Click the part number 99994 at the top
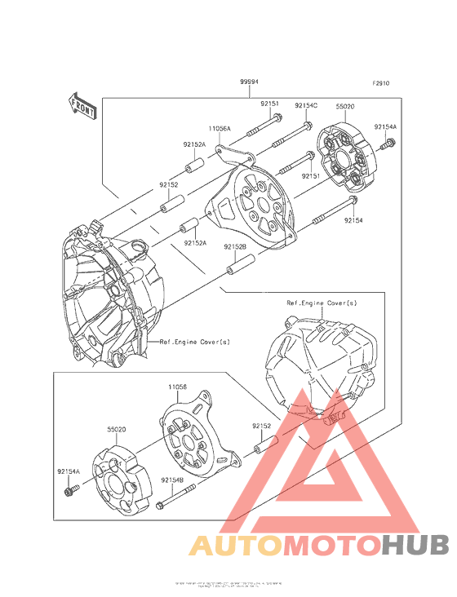[x=250, y=82]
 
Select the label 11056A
[x=219, y=129]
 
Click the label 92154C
[x=306, y=105]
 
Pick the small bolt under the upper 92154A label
[x=388, y=145]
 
